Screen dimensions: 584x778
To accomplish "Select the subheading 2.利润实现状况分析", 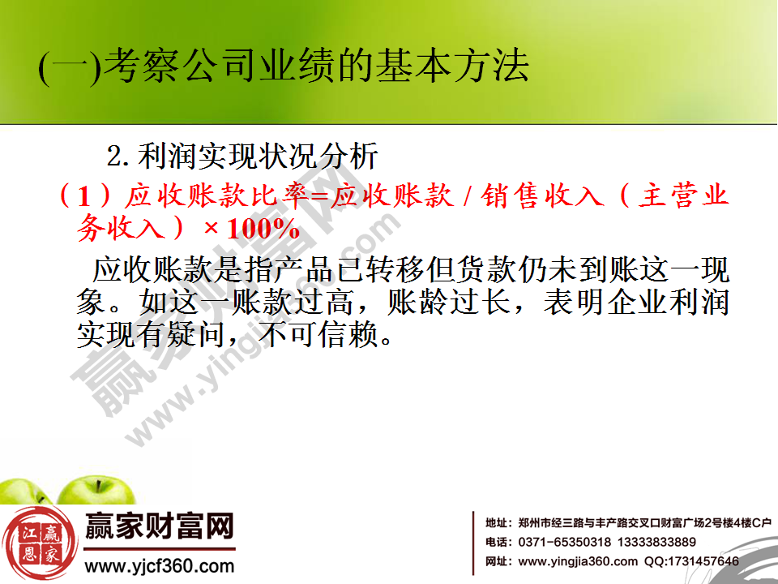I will pyautogui.click(x=243, y=154).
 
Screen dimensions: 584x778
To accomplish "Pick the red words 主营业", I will pyautogui.click(x=685, y=196).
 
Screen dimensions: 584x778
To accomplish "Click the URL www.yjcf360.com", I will pyautogui.click(x=160, y=565).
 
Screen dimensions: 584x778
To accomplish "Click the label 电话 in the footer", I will pyautogui.click(x=496, y=542).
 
